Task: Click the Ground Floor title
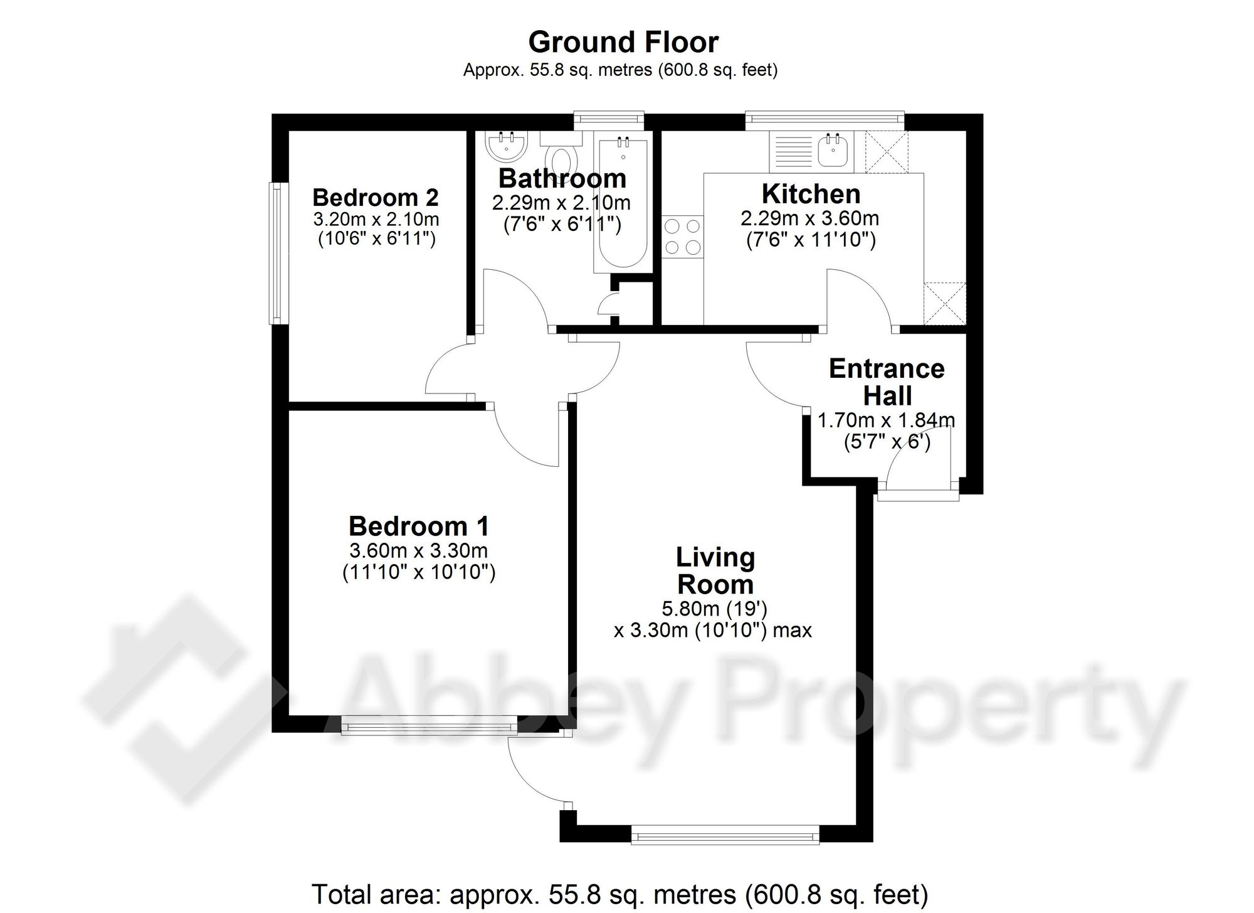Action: [623, 43]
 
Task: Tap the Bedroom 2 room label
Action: [376, 198]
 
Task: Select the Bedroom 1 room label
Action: [419, 526]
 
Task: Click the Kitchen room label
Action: [811, 194]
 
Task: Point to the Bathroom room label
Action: [562, 179]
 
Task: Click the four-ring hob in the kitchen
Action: [683, 236]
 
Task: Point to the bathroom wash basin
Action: [506, 145]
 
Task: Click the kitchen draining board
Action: [793, 152]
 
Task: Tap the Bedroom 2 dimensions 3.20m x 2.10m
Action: [376, 220]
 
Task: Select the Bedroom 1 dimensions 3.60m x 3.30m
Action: [419, 551]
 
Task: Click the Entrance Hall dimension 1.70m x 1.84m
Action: [887, 420]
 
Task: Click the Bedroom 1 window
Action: [429, 727]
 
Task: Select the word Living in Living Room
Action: [715, 557]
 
